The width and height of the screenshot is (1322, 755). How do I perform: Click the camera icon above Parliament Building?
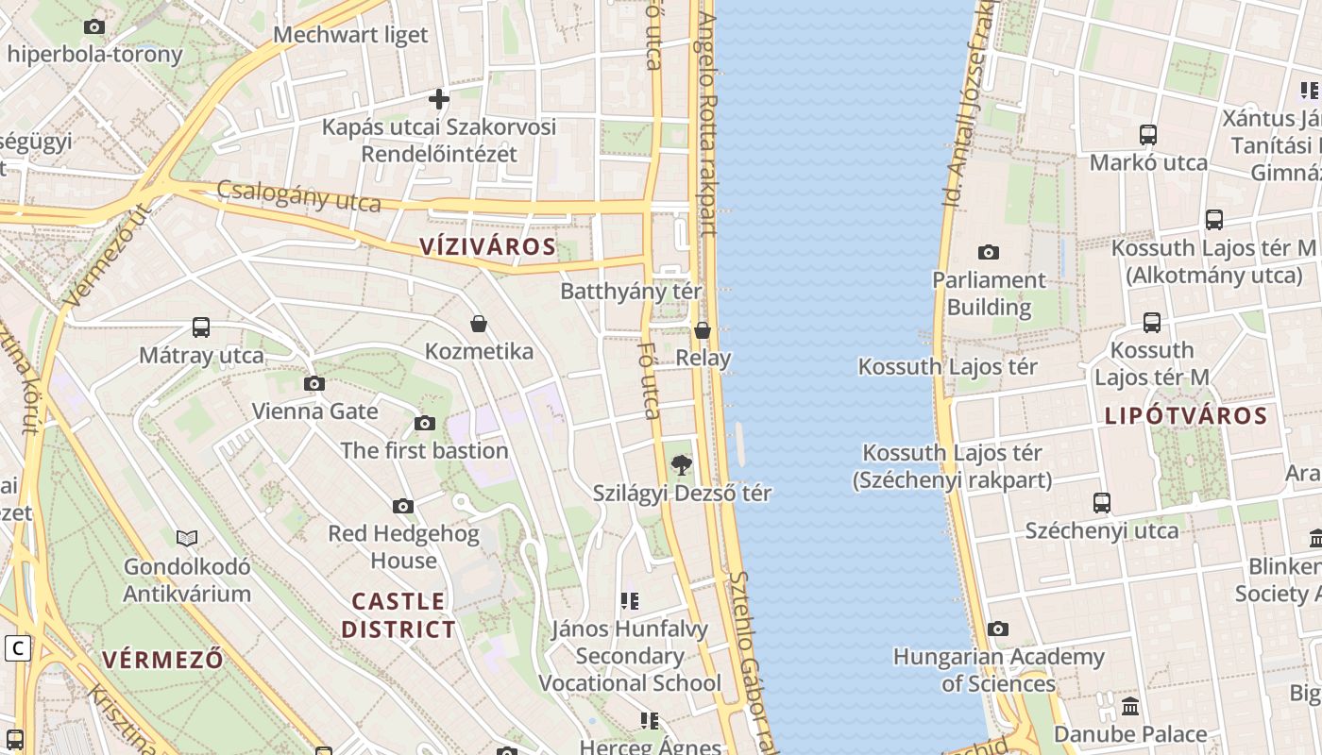(x=989, y=252)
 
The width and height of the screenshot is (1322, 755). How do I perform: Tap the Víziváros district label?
(x=487, y=247)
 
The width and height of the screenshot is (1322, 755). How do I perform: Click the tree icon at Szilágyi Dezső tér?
(x=680, y=464)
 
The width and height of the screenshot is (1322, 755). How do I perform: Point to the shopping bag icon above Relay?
(x=703, y=330)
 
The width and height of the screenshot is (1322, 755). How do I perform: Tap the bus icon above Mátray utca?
(x=201, y=327)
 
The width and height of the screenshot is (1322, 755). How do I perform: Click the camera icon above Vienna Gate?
(x=314, y=383)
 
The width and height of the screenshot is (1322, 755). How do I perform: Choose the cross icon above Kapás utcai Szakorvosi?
(x=439, y=98)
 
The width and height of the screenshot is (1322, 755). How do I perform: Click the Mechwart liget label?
(x=350, y=35)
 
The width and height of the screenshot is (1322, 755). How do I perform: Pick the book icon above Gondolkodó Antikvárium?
(x=187, y=538)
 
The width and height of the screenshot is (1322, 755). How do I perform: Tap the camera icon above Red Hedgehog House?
(x=403, y=506)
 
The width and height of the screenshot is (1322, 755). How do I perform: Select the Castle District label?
(x=398, y=615)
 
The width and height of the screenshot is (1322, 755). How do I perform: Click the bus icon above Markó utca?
(x=1148, y=135)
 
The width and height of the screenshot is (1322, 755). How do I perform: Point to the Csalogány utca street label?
(x=298, y=195)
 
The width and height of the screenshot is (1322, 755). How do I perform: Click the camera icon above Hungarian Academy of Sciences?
(x=998, y=629)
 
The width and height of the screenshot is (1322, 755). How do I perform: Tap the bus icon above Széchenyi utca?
(x=1102, y=502)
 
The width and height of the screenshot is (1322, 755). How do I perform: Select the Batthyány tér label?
(x=631, y=291)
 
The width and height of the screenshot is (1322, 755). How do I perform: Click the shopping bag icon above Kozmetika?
(x=479, y=324)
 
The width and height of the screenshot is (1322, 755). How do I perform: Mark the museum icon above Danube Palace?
(x=1130, y=706)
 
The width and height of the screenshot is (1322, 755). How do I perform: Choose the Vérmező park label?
(x=162, y=659)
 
